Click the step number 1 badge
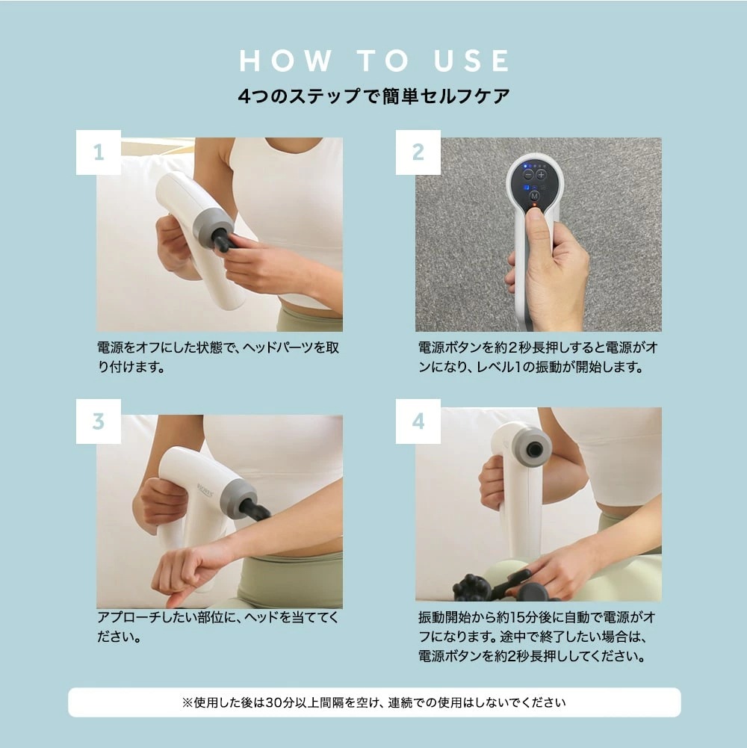click(98, 152)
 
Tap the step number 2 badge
click(418, 152)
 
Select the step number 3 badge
click(98, 421)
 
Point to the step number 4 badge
click(418, 421)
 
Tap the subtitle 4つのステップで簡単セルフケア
click(373, 97)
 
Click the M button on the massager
click(534, 195)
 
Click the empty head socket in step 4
click(533, 449)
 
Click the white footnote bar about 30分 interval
click(373, 702)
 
